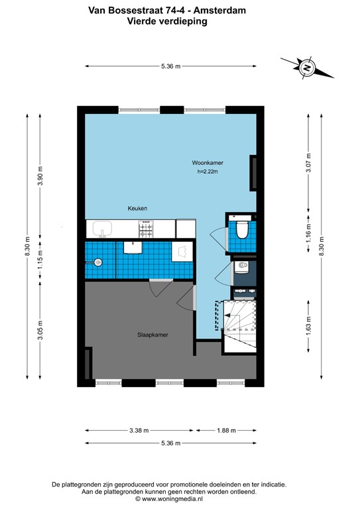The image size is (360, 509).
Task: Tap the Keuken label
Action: [137, 209]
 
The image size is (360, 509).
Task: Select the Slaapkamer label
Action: [152, 335]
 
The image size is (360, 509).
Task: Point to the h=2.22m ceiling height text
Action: [208, 172]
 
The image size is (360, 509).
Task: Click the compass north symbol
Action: [306, 67]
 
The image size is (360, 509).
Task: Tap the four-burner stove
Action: [146, 229]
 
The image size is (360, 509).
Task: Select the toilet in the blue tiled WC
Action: [242, 229]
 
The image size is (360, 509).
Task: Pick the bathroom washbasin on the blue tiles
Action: [133, 247]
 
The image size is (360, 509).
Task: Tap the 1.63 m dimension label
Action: [308, 329]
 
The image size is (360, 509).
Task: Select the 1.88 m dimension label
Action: [225, 430]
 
